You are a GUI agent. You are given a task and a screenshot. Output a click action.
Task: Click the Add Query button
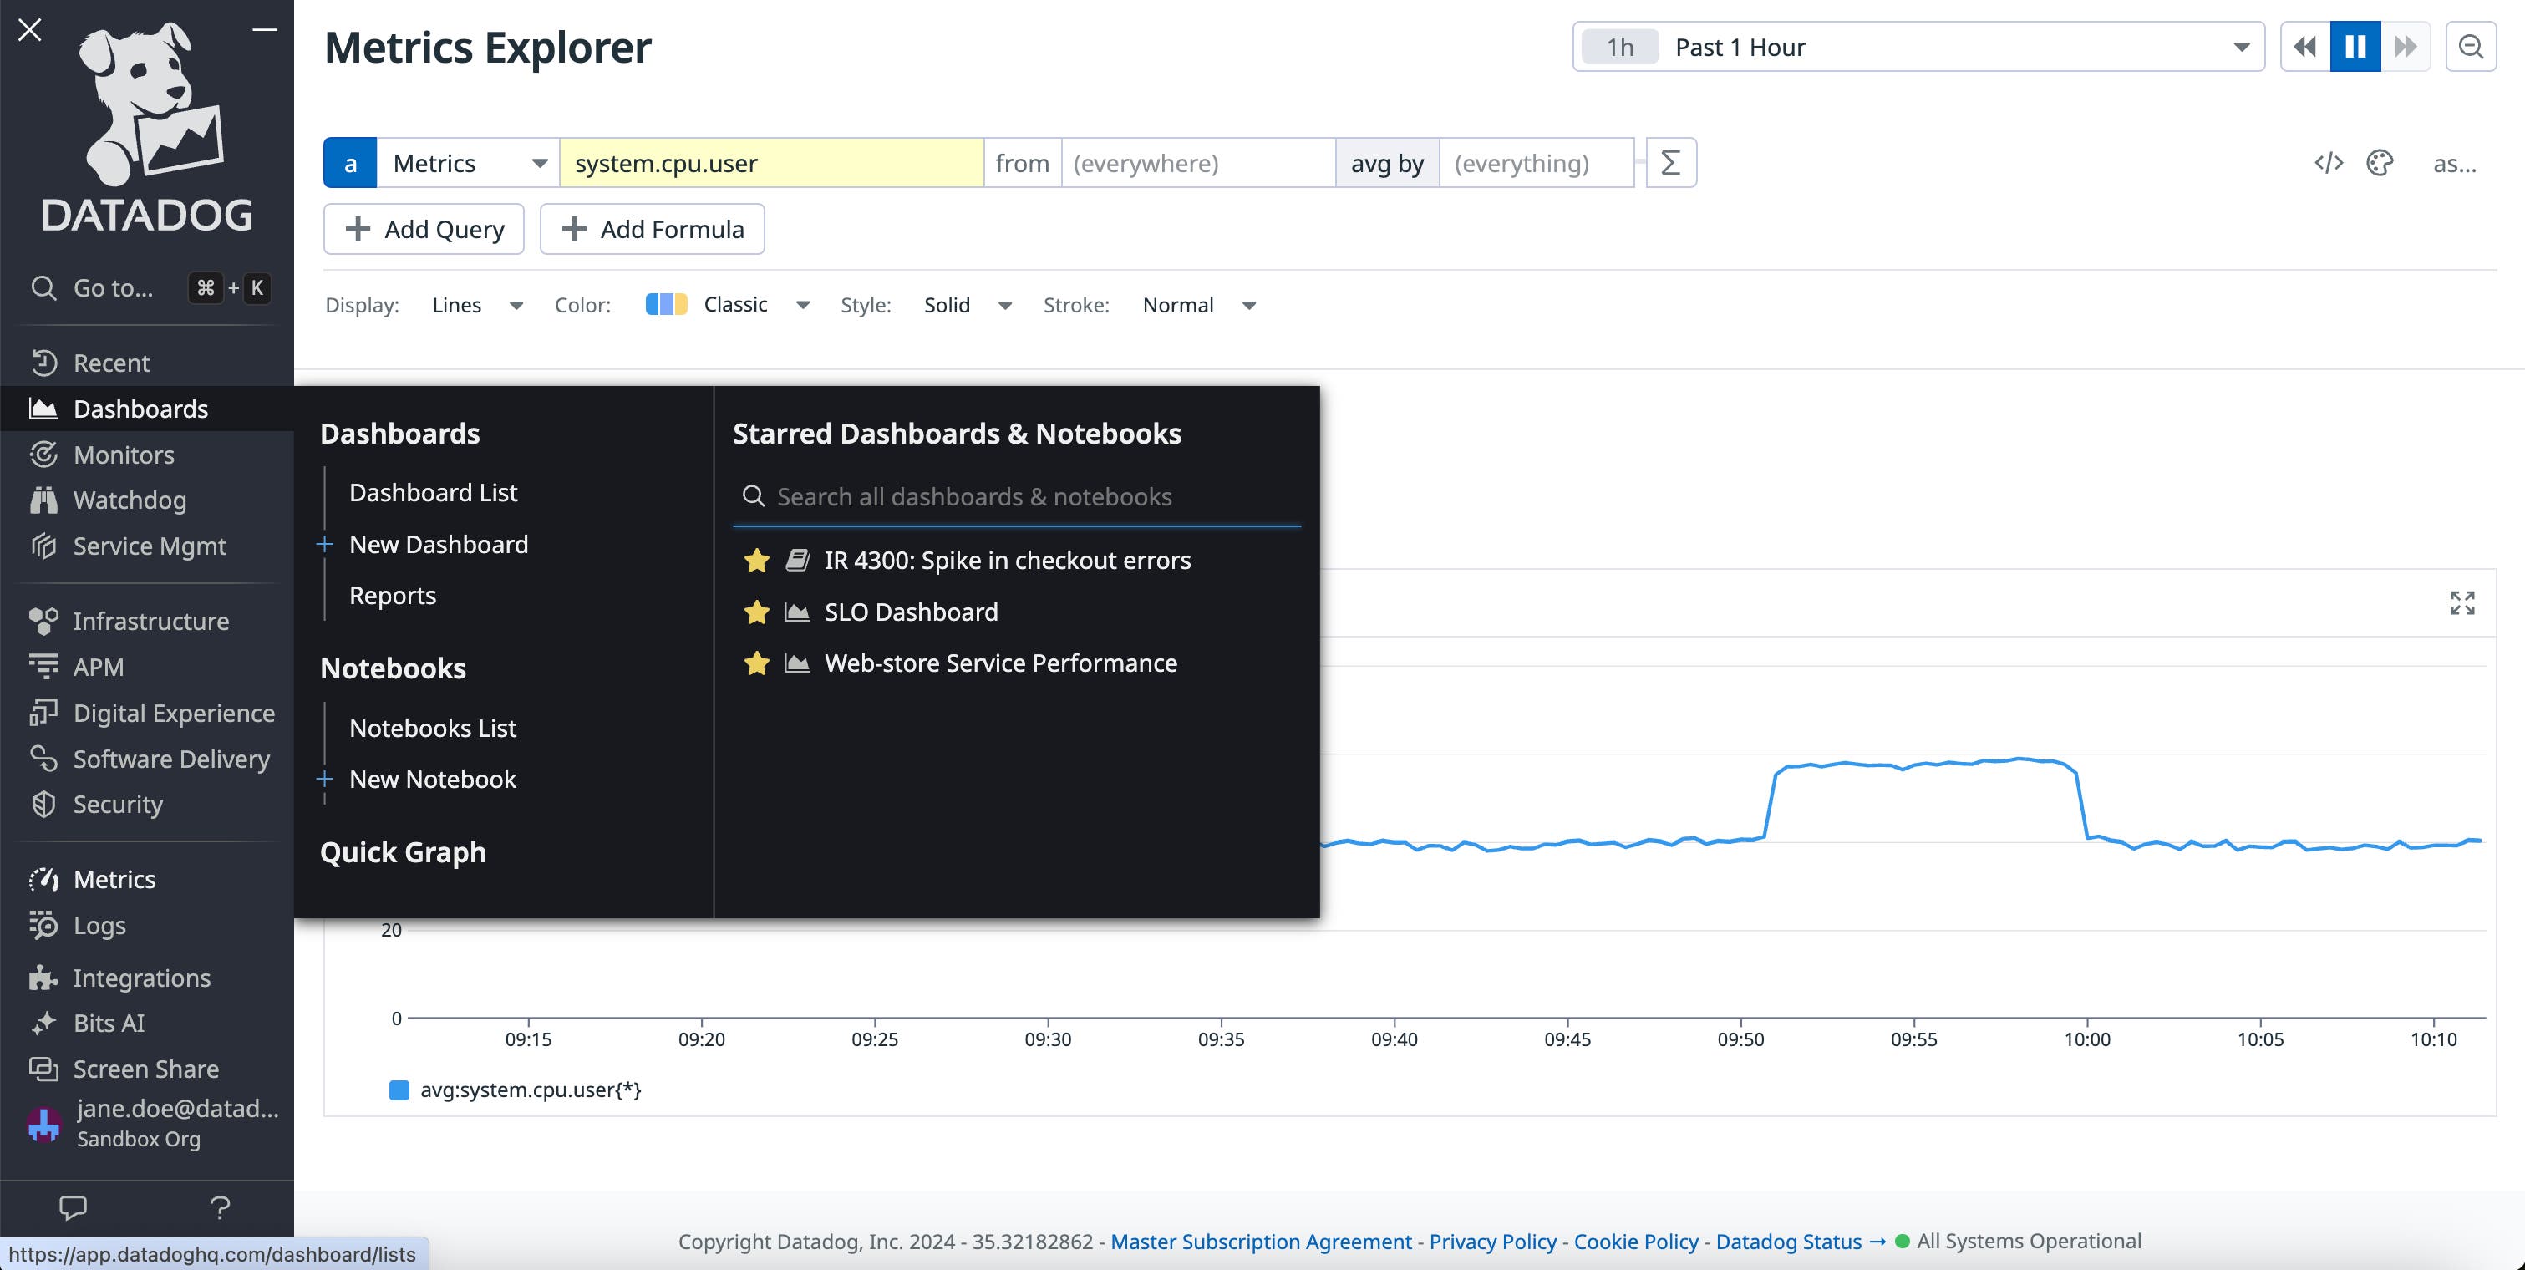[424, 229]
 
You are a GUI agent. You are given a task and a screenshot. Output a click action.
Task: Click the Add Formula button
[652, 229]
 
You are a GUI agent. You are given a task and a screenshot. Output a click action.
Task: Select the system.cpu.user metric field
[770, 163]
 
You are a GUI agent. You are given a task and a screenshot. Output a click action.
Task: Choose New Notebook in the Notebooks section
[431, 779]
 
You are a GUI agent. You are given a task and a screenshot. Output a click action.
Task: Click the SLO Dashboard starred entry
[910, 612]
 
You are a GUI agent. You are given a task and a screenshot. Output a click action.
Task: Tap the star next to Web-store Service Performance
[755, 663]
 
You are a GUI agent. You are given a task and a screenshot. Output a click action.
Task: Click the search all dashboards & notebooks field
[1019, 497]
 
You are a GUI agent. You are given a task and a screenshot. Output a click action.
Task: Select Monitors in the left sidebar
[124, 455]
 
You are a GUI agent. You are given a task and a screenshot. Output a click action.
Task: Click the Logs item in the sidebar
[99, 925]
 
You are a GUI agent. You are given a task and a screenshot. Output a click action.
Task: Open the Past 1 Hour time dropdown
[1918, 47]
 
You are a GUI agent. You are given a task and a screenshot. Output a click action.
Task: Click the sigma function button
[1670, 163]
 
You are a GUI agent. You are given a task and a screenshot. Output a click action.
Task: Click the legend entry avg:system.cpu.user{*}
[529, 1090]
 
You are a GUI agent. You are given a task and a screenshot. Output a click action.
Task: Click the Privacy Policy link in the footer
[1492, 1242]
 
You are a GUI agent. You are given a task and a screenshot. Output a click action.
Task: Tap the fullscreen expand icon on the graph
[2461, 602]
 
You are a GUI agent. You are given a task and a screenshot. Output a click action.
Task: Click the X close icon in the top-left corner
[30, 30]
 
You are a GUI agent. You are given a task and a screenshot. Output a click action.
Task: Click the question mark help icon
[220, 1207]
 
